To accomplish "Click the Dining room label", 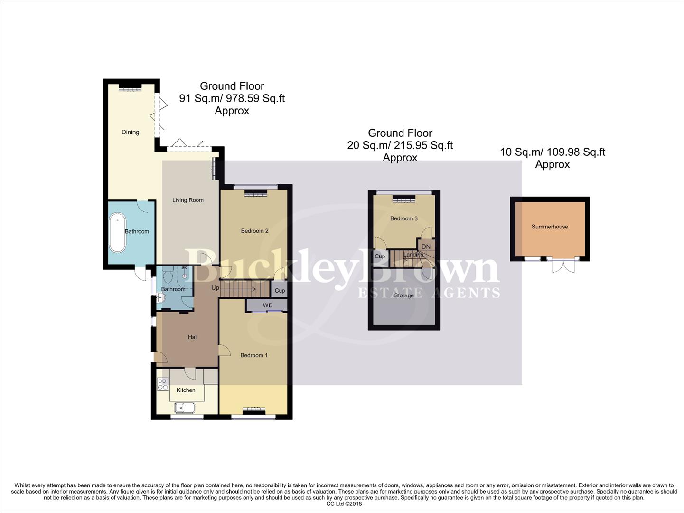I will point(130,132).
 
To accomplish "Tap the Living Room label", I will point(188,200).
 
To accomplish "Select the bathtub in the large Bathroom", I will point(117,233).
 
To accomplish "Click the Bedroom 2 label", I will point(254,231).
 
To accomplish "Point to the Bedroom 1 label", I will point(254,355).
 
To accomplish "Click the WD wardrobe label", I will point(268,305).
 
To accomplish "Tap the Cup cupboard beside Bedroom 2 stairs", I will point(280,290).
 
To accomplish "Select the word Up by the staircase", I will point(215,288).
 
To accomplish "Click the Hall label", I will point(193,337).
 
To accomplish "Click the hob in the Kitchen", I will point(163,384).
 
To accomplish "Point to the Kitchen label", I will point(186,390).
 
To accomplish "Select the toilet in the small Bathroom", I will point(168,275).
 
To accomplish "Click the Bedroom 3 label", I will point(404,218).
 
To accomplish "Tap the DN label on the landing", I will point(426,247).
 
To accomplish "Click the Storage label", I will point(403,295).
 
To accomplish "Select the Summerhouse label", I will point(550,227).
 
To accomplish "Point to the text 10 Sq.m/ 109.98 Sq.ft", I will point(553,152).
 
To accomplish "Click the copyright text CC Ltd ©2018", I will point(344,504).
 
